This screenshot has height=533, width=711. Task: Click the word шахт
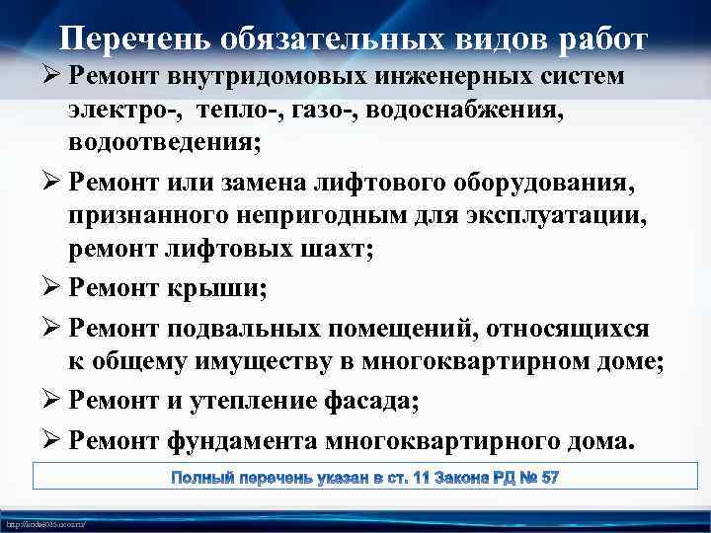tap(332, 250)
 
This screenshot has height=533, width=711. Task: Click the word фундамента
tap(269, 440)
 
